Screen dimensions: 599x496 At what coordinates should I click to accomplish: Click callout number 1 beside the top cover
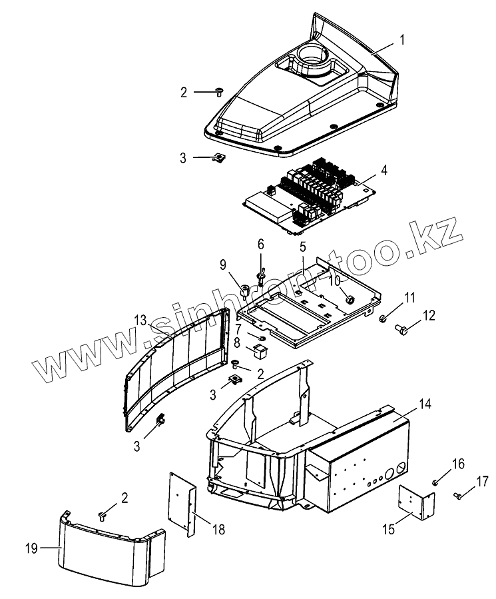tap(402, 41)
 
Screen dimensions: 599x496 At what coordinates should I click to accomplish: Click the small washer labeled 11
tap(383, 319)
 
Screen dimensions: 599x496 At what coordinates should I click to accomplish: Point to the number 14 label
tap(424, 405)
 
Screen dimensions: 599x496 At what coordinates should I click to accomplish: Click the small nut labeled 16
tap(434, 481)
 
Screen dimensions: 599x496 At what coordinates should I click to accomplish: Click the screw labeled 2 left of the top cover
tap(219, 92)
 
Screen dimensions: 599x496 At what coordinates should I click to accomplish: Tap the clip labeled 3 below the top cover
tap(218, 157)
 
